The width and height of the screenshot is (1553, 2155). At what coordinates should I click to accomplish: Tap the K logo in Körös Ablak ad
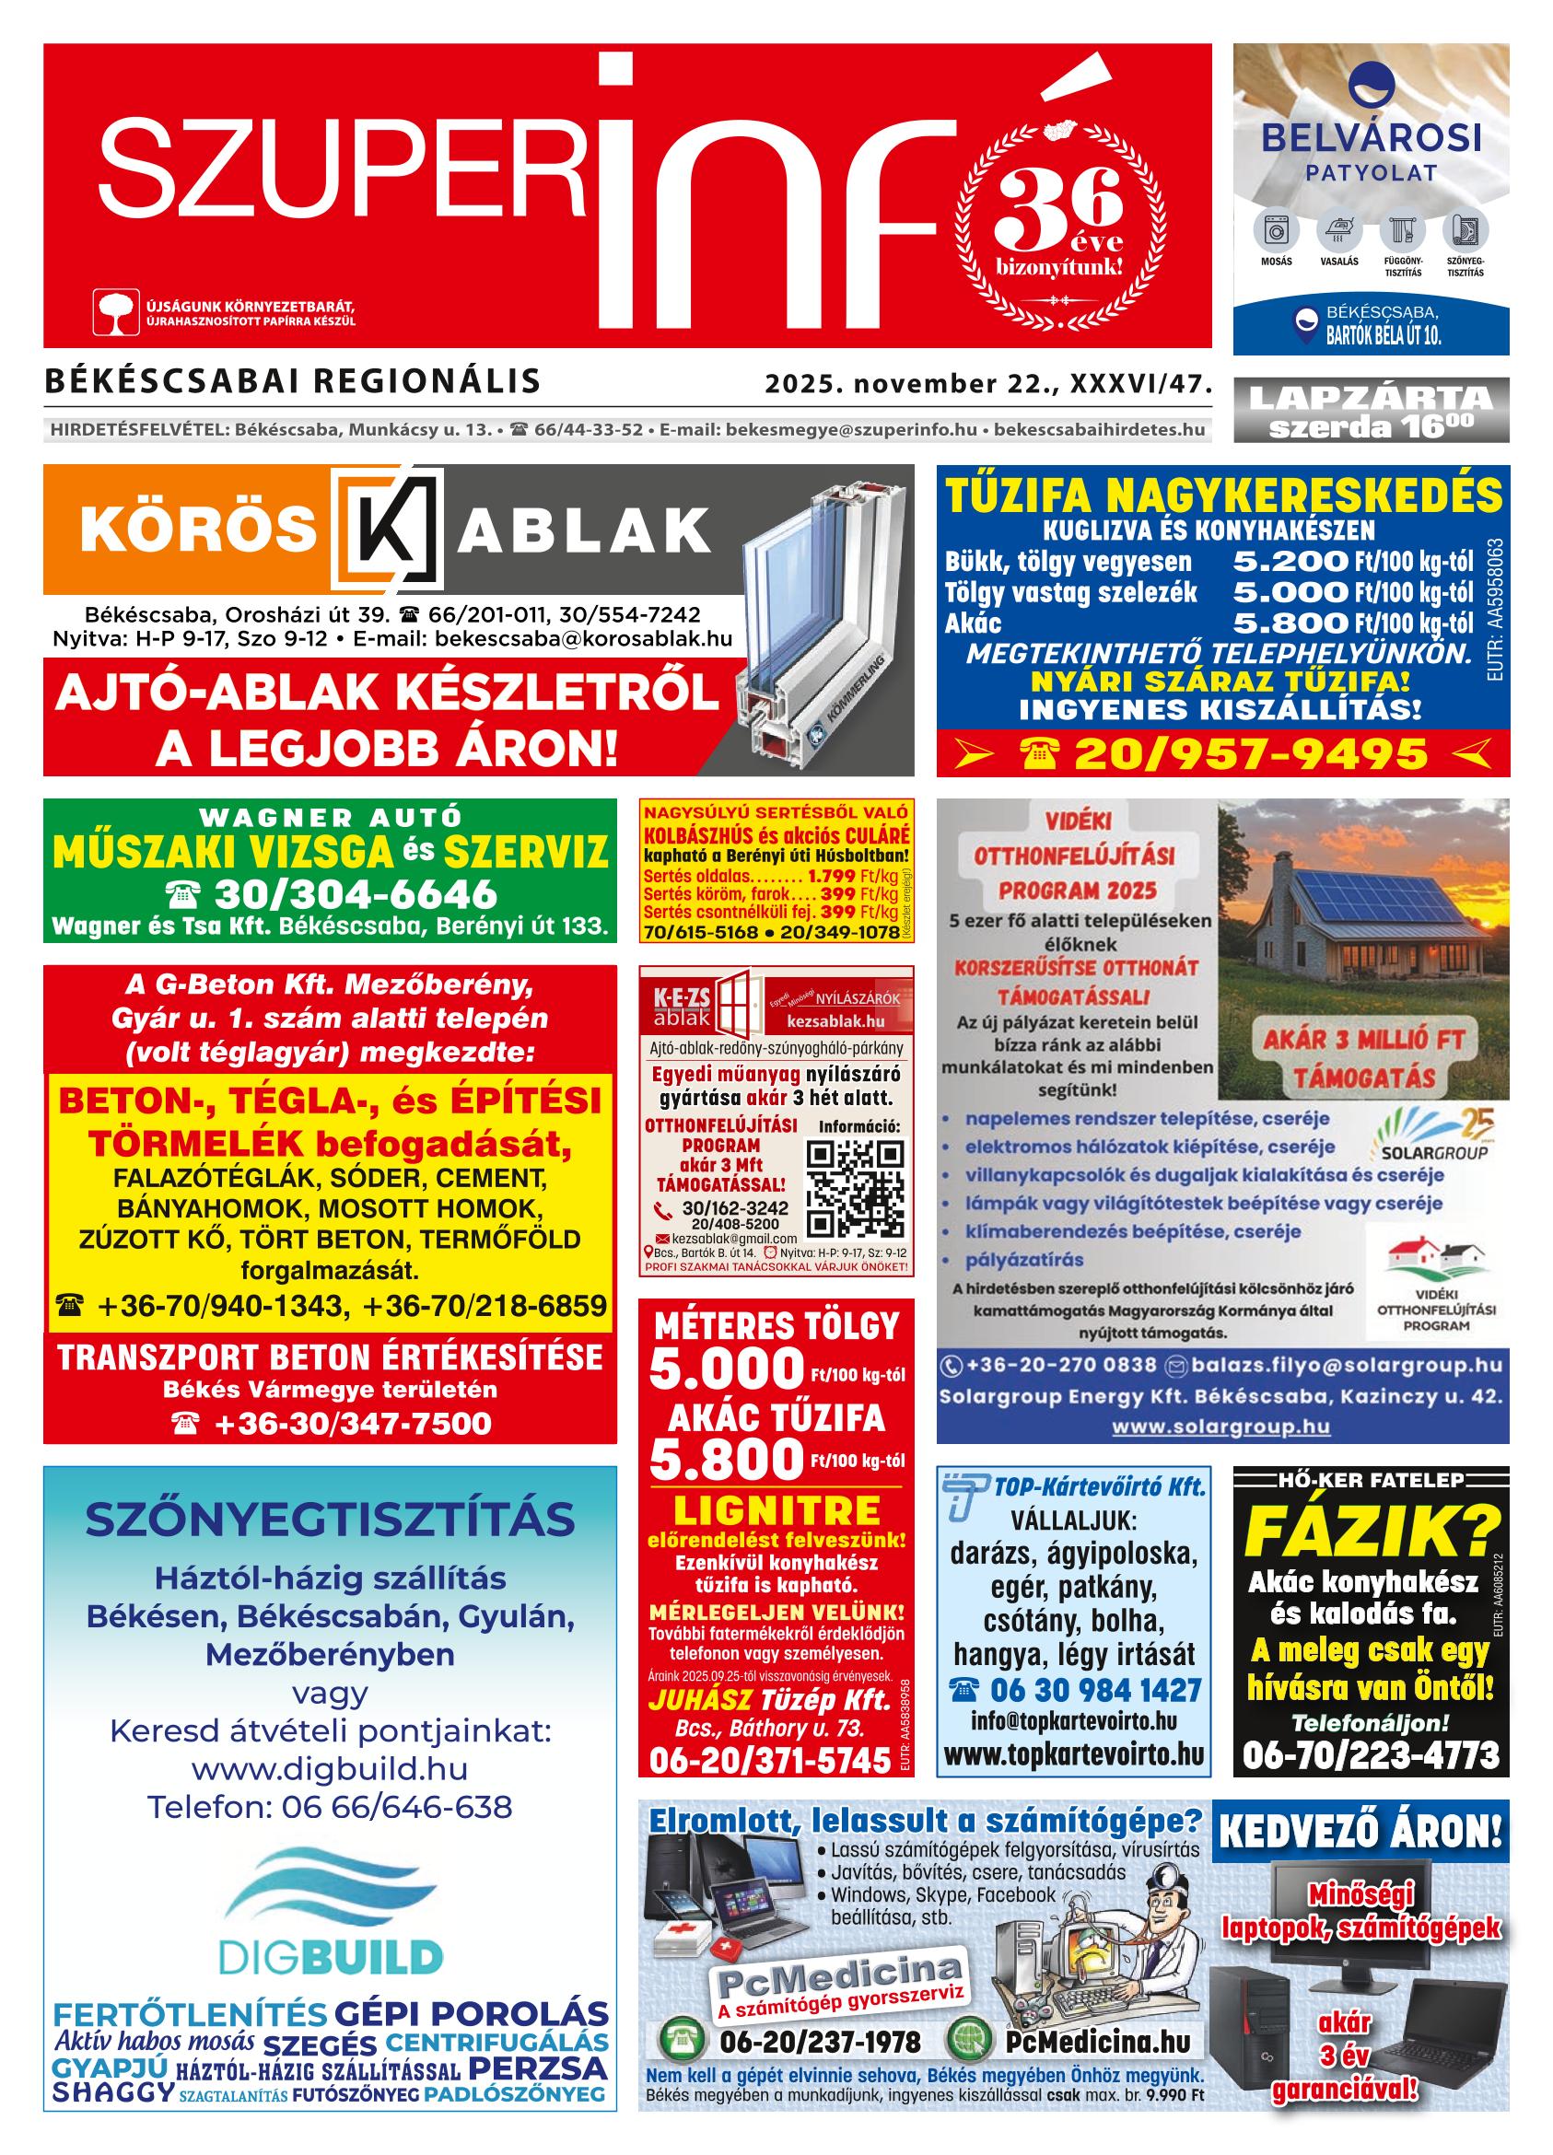[x=388, y=530]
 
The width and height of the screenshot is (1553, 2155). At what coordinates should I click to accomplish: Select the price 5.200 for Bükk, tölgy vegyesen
[x=1290, y=562]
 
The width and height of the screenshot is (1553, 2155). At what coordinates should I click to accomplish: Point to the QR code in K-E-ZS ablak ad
[x=855, y=1188]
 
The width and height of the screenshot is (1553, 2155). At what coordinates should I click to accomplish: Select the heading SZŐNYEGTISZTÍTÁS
[x=330, y=1520]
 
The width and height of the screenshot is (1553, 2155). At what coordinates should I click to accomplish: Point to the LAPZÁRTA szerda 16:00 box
[x=1371, y=411]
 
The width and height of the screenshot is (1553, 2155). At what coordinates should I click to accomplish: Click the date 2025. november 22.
[x=914, y=384]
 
